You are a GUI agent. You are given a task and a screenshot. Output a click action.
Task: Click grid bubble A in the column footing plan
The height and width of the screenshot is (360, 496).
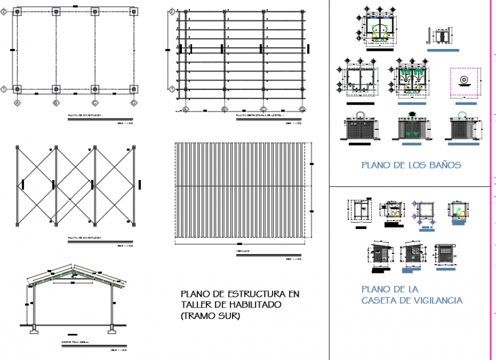[x=17, y=103]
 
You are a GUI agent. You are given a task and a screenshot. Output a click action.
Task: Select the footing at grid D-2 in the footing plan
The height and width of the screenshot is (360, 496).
[x=133, y=11]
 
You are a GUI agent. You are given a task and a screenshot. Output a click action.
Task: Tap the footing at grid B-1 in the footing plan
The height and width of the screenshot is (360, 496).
[x=56, y=89]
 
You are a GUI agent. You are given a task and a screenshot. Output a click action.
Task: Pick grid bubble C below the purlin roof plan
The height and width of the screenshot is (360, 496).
[x=263, y=109]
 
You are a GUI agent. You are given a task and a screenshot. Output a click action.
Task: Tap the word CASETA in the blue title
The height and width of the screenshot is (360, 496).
[x=379, y=300]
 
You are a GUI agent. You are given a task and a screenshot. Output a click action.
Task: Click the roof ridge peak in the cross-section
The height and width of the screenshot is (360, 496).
[x=72, y=265]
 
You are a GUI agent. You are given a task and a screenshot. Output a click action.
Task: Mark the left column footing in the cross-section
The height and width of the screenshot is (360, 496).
[x=34, y=329]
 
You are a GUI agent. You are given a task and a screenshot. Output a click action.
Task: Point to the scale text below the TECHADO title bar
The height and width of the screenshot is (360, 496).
[x=294, y=259]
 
